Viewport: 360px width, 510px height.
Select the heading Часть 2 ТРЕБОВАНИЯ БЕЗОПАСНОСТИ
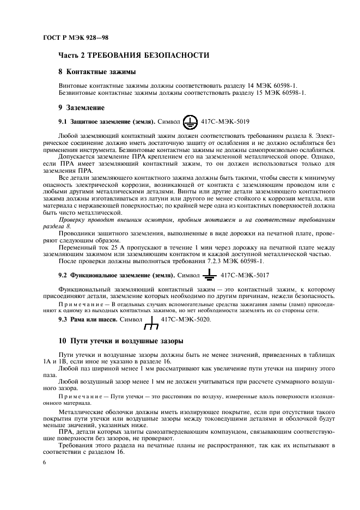(x=133, y=56)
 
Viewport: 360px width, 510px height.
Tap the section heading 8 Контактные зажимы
(x=97, y=72)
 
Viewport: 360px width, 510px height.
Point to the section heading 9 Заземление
(x=81, y=108)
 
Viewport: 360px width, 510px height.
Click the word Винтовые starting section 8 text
(x=73, y=86)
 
